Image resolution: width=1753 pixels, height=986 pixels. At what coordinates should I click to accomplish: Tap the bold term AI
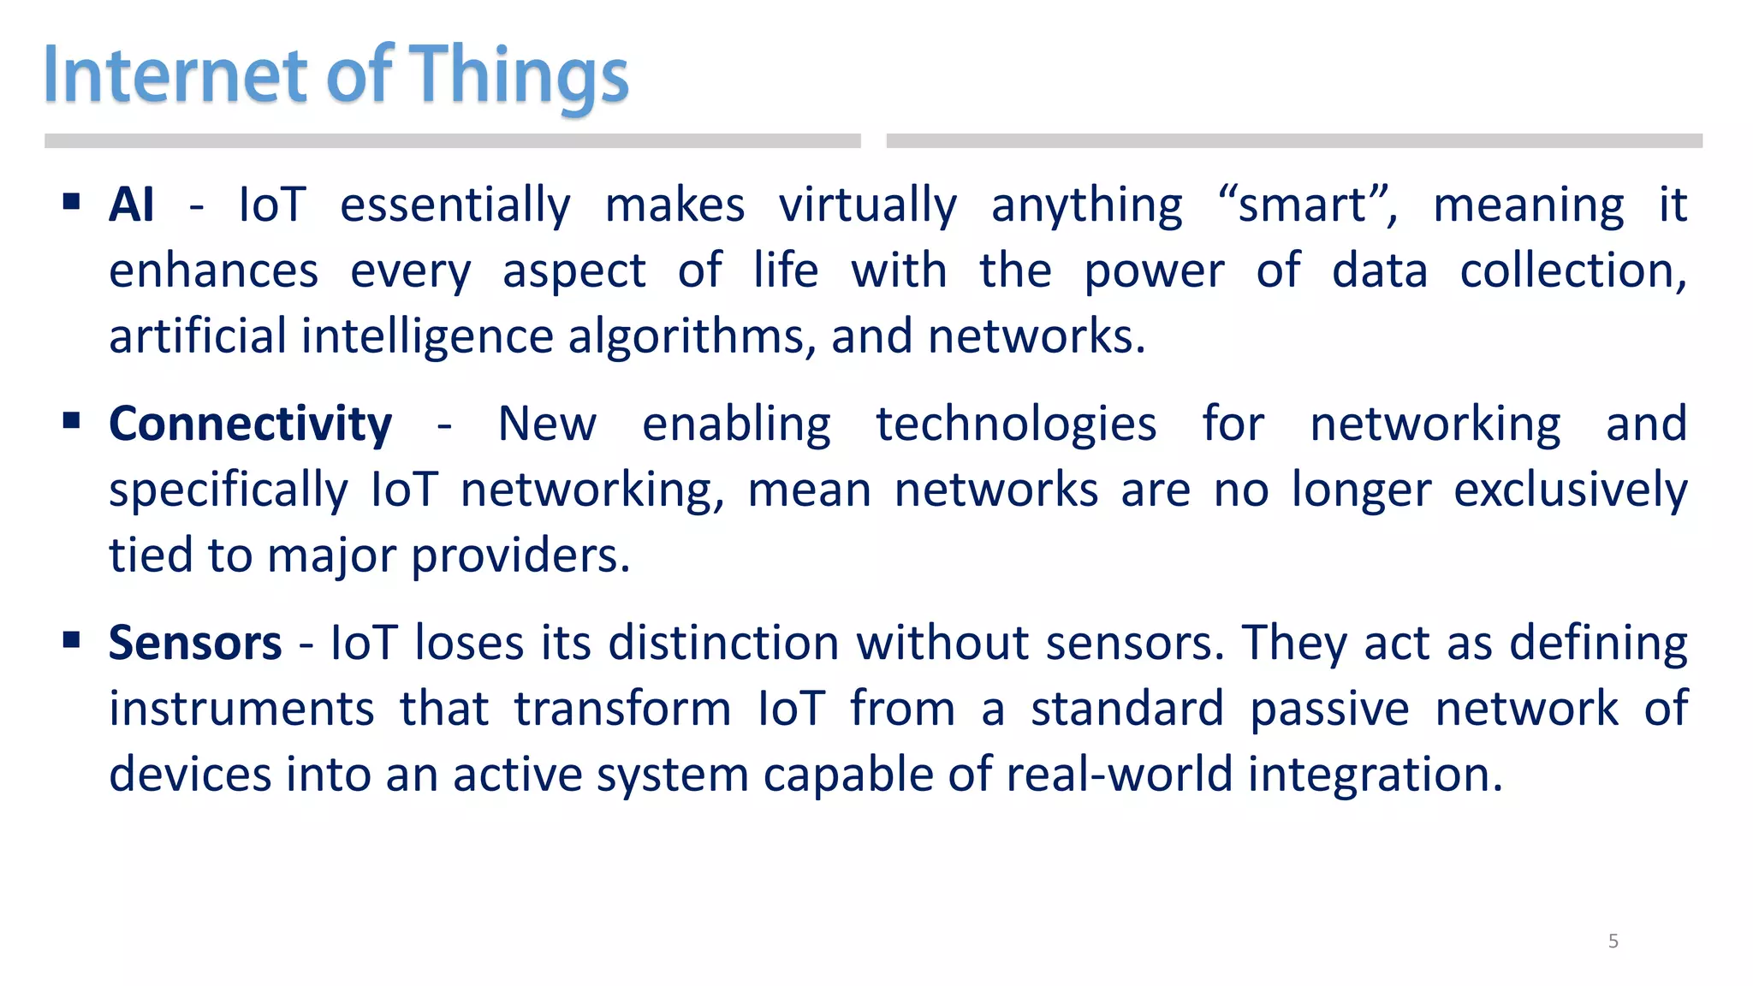(x=131, y=205)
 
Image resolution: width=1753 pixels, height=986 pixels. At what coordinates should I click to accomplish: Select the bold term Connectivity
(x=250, y=425)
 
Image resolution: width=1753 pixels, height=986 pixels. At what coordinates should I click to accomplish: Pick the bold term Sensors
(x=195, y=644)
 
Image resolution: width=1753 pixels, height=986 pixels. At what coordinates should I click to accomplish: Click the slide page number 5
(x=1613, y=941)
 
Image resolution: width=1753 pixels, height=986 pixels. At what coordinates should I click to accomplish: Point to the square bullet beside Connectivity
(x=71, y=420)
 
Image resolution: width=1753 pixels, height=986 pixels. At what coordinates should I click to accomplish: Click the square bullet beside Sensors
(x=71, y=639)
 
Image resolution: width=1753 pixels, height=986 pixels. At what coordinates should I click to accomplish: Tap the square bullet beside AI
(x=71, y=202)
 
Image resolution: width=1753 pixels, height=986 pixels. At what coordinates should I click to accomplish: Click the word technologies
(x=1016, y=425)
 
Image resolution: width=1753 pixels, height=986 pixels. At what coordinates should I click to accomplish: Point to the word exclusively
(x=1570, y=490)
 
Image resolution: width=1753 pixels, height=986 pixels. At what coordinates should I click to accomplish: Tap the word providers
(x=520, y=556)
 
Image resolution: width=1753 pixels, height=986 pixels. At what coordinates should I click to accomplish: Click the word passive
(x=1328, y=710)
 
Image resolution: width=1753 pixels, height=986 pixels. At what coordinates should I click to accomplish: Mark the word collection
(x=1572, y=271)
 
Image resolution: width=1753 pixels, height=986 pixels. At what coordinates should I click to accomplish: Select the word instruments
(x=241, y=710)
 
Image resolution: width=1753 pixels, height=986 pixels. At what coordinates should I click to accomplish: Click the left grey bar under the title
(x=452, y=140)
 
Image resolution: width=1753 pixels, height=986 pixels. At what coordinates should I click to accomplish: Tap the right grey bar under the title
(x=1293, y=140)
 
